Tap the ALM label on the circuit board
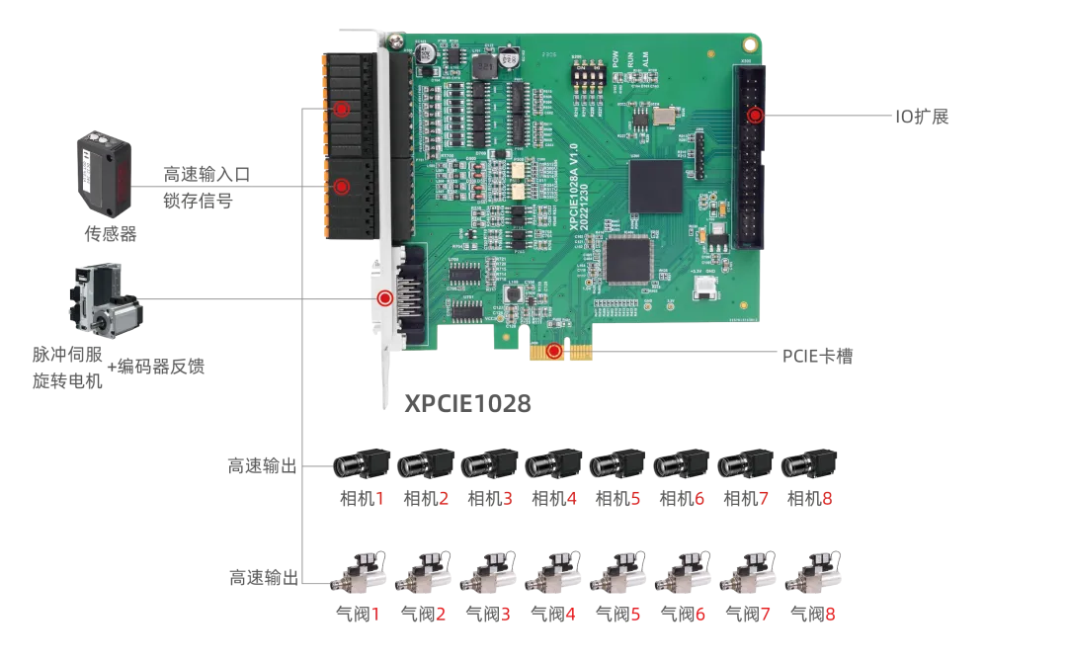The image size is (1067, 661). coord(645,60)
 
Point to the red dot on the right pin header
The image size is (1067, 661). coord(755,116)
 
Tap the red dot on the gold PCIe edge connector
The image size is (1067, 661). coord(554,350)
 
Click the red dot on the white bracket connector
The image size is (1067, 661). coord(384,296)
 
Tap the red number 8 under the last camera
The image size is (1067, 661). coord(827,500)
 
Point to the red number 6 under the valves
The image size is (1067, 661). coord(699,615)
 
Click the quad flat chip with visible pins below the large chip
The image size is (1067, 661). coord(629,260)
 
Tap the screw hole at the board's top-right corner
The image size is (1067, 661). coord(750,44)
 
